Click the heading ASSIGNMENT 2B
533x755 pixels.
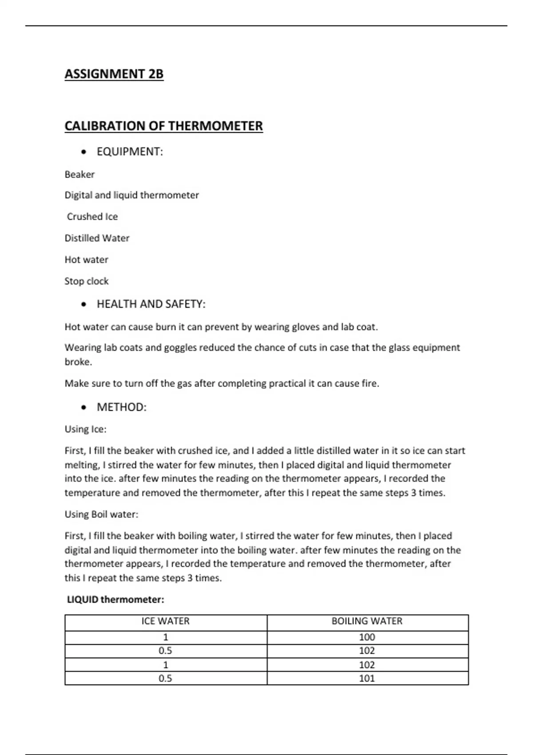[114, 74]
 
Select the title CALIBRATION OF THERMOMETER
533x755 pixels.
[163, 126]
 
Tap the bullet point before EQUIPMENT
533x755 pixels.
[84, 152]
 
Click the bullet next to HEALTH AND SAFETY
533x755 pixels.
[84, 305]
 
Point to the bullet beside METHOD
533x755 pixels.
[84, 408]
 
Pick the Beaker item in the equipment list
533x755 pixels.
[80, 175]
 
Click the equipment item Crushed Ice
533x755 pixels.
[92, 217]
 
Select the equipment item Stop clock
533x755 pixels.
[87, 281]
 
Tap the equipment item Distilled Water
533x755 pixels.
[97, 238]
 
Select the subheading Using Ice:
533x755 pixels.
[85, 429]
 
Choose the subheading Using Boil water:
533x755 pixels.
[101, 514]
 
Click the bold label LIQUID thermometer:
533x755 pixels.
[115, 600]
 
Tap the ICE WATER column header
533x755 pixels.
[166, 621]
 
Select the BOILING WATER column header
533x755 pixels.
[367, 621]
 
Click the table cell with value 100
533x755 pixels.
[367, 637]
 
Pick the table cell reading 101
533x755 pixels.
[367, 678]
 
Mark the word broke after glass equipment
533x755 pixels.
[78, 362]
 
